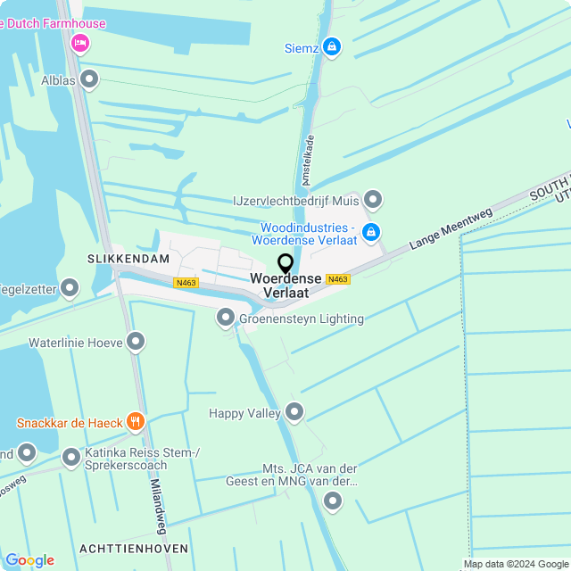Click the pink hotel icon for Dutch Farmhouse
(80, 43)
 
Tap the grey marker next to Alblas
(88, 80)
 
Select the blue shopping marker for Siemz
(332, 46)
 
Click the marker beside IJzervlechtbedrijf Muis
(373, 199)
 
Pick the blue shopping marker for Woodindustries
(371, 232)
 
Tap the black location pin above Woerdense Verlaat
(285, 264)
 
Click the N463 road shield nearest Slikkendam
(186, 283)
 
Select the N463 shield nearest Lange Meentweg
(337, 279)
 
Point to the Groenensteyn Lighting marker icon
(226, 318)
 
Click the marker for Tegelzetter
(70, 288)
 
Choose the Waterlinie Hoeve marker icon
(136, 341)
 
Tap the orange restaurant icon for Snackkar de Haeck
(135, 421)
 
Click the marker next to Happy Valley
(294, 412)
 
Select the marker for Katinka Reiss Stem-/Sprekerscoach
(71, 458)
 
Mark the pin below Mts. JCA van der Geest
(333, 501)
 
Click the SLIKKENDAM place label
(128, 258)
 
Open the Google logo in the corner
(29, 560)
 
